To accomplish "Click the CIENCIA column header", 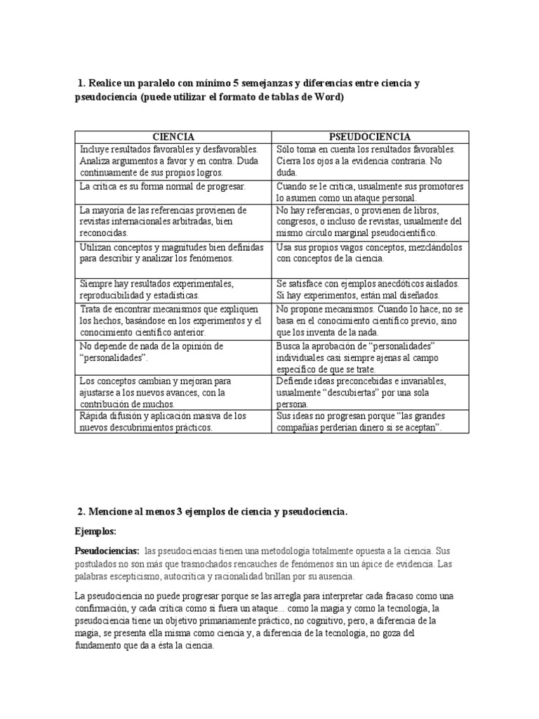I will [173, 137].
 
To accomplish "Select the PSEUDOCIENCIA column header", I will [370, 137].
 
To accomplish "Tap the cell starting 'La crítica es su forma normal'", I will [173, 192].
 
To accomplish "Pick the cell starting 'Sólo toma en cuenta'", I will [370, 160].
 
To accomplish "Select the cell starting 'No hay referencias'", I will [370, 221].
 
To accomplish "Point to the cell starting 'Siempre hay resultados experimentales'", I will [173, 289].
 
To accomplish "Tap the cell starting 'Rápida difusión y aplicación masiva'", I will [173, 421].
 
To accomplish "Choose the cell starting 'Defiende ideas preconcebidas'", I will [370, 393].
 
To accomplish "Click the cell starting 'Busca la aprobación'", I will [370, 357].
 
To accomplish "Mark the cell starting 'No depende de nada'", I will [173, 357].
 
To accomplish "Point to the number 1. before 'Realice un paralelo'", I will [81, 84].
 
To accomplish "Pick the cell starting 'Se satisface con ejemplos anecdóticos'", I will [370, 289].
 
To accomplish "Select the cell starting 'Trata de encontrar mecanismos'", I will [173, 320].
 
